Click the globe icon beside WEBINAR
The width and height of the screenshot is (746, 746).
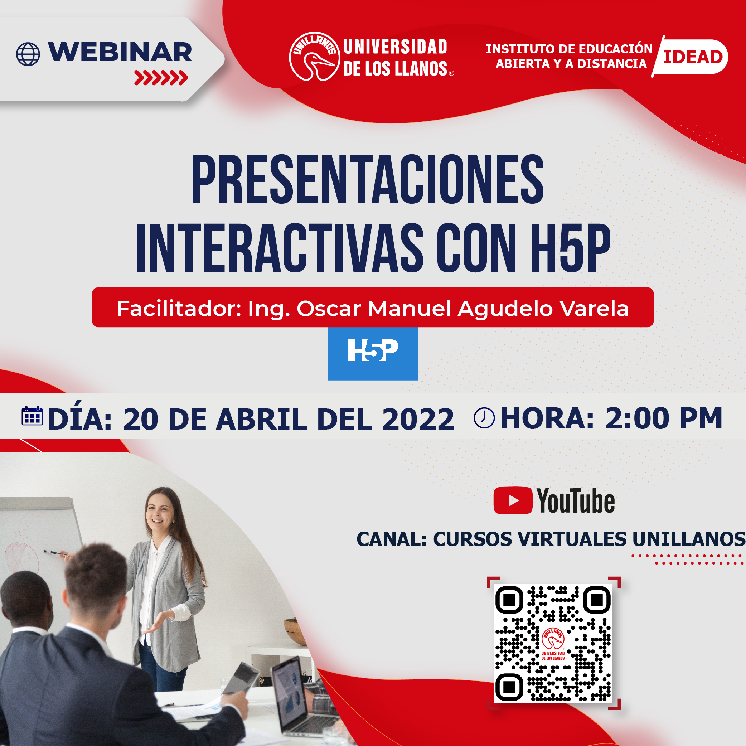tap(28, 54)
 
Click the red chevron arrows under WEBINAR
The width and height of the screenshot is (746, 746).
tap(161, 78)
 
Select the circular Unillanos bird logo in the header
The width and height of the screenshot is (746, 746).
tap(315, 56)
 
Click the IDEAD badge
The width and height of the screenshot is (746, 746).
tap(690, 57)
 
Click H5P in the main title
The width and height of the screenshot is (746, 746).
tap(570, 248)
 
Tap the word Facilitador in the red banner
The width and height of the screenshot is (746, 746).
tap(179, 309)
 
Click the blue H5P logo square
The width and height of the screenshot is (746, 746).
tap(373, 353)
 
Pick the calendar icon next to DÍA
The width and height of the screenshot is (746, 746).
tap(32, 416)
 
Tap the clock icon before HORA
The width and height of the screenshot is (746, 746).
tap(484, 418)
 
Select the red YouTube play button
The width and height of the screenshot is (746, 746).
tap(513, 501)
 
